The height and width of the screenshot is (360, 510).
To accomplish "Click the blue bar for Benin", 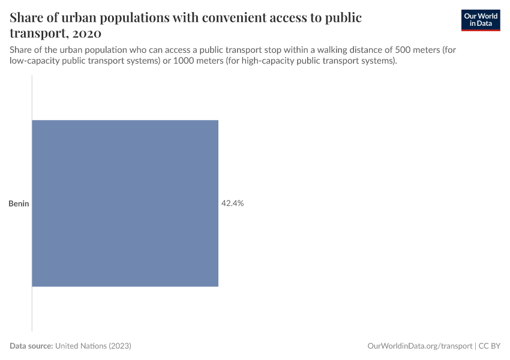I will [x=125, y=203].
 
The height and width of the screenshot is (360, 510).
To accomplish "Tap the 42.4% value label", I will [x=232, y=203].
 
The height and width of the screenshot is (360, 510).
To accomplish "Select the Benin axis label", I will [x=19, y=204].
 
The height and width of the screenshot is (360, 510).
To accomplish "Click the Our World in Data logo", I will [x=481, y=20].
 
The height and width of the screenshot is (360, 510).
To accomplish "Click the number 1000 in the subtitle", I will [x=184, y=61].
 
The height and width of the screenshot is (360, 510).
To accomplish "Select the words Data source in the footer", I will [x=31, y=346].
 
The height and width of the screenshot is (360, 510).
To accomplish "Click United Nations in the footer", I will [x=80, y=346].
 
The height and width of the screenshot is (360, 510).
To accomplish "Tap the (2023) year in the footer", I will [x=119, y=346].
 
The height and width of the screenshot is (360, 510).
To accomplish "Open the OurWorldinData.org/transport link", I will [x=419, y=346].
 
